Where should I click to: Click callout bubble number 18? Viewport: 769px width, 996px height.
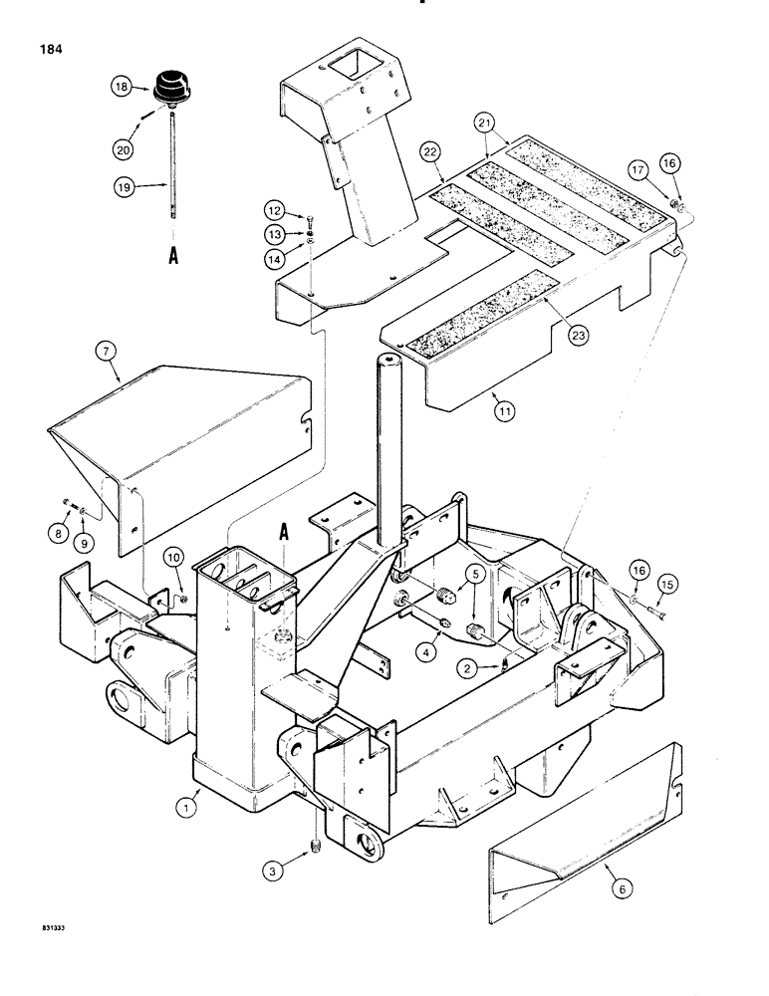click(121, 88)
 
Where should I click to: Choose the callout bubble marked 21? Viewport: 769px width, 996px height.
click(514, 123)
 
